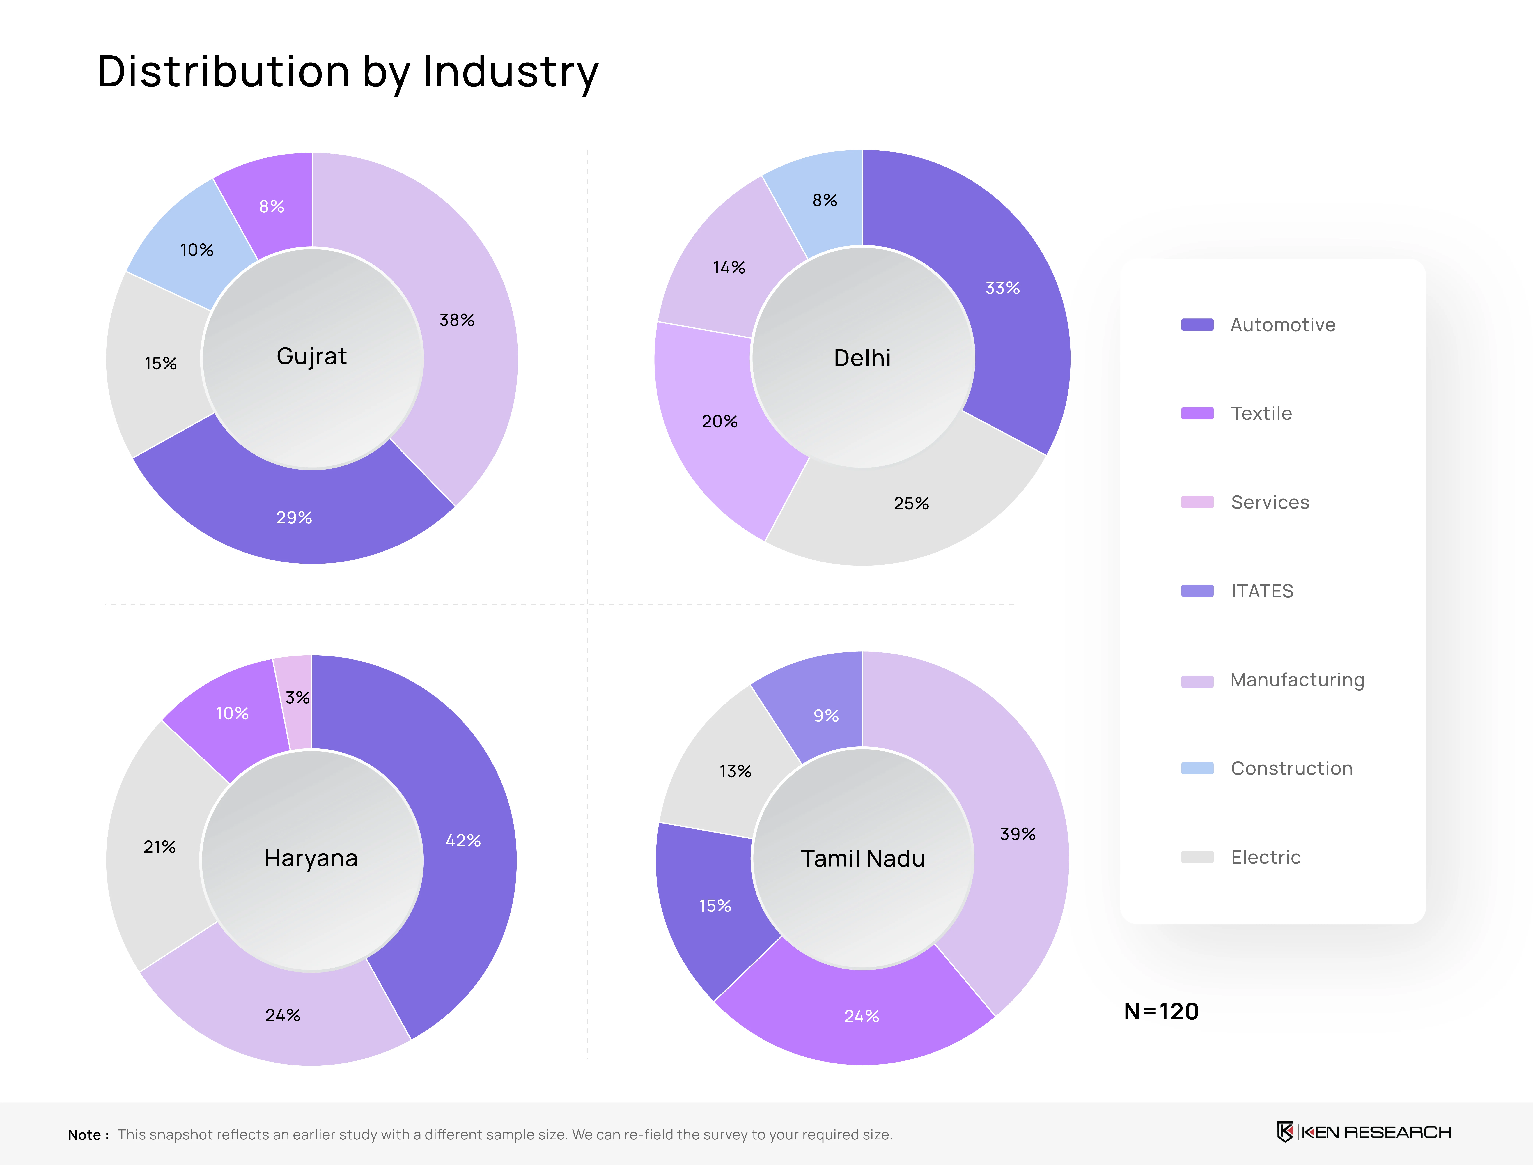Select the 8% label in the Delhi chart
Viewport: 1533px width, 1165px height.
(x=824, y=200)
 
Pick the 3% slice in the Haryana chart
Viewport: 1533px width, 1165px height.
(x=297, y=700)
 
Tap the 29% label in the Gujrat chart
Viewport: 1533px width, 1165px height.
(x=294, y=517)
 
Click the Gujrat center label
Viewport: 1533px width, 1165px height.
(x=311, y=356)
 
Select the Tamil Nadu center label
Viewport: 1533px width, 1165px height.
(x=862, y=858)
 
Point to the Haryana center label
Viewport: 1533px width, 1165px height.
(x=311, y=858)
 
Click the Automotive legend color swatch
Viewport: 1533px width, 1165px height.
(x=1197, y=325)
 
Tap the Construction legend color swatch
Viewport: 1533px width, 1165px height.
(x=1197, y=768)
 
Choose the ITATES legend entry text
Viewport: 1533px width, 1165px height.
(x=1262, y=591)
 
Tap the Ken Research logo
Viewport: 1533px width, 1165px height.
(x=1363, y=1132)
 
